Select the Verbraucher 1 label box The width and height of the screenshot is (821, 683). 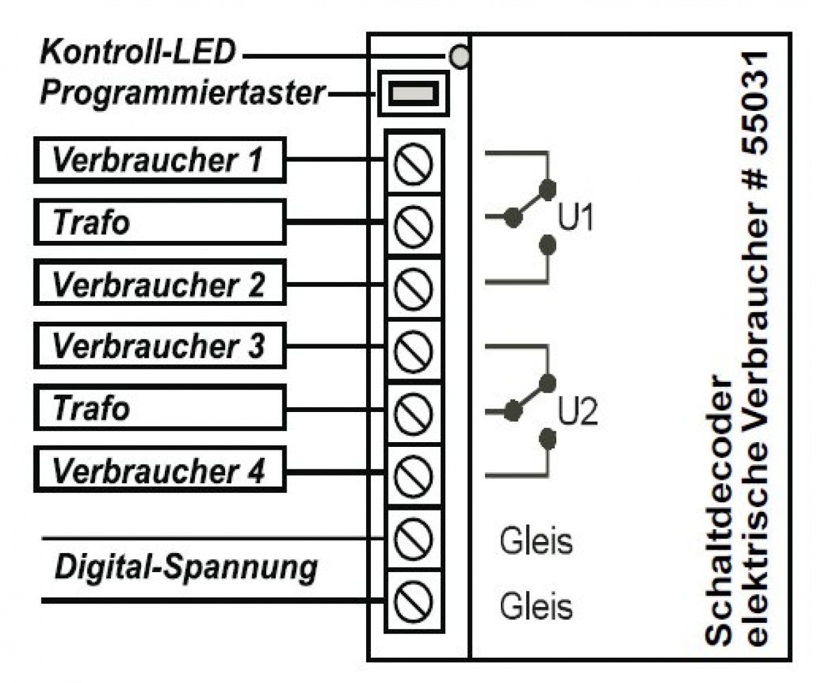click(159, 160)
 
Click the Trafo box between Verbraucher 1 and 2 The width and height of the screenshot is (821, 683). click(159, 222)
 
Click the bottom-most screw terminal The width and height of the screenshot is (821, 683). click(414, 600)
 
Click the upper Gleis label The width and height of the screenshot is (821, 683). click(536, 543)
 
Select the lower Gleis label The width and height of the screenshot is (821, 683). click(536, 606)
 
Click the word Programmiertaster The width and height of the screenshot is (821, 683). click(181, 94)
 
